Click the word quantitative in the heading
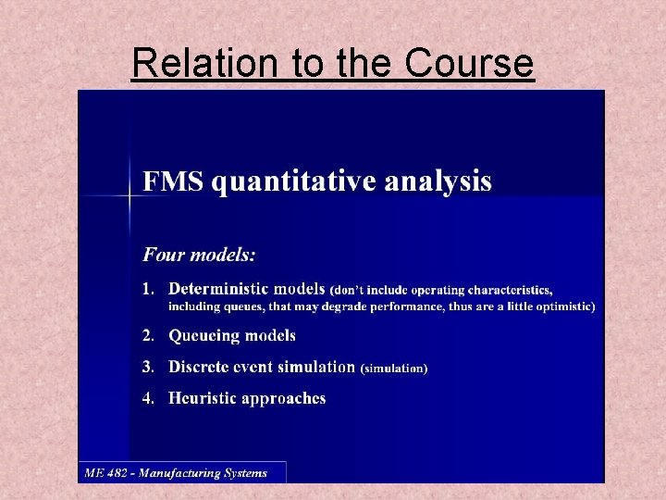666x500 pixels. [x=284, y=181]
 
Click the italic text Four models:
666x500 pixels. [x=199, y=252]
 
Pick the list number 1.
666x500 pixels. [x=147, y=290]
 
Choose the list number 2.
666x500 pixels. [x=147, y=335]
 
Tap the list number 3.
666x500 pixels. [x=147, y=367]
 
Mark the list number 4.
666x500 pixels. [x=147, y=398]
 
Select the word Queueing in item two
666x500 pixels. [x=202, y=335]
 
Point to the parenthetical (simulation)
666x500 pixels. [x=393, y=369]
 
